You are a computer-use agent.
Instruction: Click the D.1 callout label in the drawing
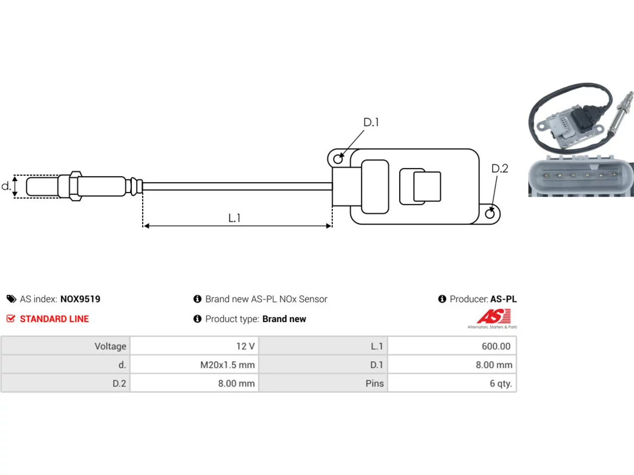(x=371, y=122)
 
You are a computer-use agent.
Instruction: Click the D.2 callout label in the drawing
(x=499, y=168)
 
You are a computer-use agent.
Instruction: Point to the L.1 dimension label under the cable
(x=234, y=218)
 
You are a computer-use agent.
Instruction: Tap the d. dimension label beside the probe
(x=6, y=186)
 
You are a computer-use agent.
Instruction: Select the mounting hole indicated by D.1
(x=338, y=159)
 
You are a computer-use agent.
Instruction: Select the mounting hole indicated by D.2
(x=490, y=214)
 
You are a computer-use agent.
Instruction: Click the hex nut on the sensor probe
(x=76, y=186)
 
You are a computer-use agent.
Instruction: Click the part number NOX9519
(x=80, y=299)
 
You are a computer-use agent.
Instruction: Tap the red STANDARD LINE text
(x=54, y=319)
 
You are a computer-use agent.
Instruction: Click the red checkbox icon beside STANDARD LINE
(x=11, y=318)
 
